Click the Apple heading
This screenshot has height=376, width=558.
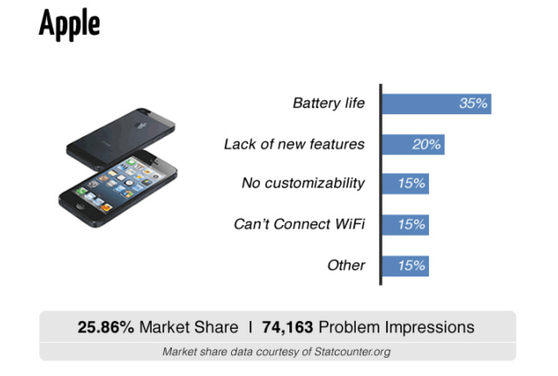(70, 24)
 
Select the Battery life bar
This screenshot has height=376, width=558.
(437, 104)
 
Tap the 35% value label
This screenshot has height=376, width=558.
(473, 104)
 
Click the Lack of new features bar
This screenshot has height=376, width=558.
(413, 145)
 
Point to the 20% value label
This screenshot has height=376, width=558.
(426, 145)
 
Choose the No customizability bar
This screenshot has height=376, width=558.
(405, 184)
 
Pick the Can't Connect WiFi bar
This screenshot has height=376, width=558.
(405, 225)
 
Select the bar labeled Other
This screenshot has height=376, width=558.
(405, 266)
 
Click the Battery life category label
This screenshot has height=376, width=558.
(329, 103)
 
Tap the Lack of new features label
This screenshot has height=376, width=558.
(295, 144)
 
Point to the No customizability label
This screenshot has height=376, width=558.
(303, 183)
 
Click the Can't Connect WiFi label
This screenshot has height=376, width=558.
(299, 224)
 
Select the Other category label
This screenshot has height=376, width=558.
(346, 265)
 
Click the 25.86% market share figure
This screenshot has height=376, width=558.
(105, 327)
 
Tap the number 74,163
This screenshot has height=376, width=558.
(288, 327)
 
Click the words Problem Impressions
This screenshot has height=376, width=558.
(397, 327)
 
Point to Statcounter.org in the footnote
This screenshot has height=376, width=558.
(352, 352)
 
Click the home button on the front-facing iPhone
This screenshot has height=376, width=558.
(80, 207)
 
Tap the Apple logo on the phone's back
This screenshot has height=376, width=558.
(141, 126)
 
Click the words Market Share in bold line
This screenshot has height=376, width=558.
(188, 327)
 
